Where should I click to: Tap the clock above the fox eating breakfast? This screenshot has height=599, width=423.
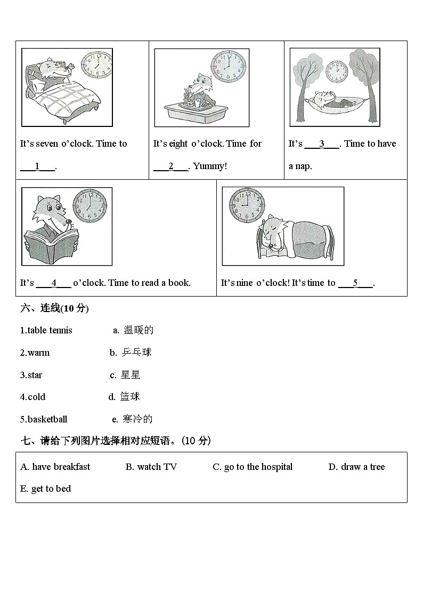(x=229, y=66)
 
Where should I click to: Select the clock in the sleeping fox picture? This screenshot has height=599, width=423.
(x=247, y=205)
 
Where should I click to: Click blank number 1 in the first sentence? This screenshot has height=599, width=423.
(x=37, y=166)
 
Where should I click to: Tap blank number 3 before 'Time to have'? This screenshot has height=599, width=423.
(x=322, y=144)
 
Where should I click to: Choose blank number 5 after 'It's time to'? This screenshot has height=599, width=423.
(x=355, y=283)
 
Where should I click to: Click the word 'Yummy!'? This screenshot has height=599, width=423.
(x=210, y=166)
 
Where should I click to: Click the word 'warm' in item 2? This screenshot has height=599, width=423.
(x=38, y=353)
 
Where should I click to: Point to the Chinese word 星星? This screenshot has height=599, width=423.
(x=130, y=375)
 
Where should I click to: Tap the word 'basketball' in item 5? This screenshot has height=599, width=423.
(x=47, y=419)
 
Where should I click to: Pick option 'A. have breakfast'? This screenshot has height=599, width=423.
(x=55, y=467)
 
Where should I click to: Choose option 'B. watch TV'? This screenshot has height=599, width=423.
(x=151, y=467)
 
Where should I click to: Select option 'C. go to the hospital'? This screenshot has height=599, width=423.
(x=253, y=467)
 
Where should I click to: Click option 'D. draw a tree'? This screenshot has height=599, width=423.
(x=356, y=467)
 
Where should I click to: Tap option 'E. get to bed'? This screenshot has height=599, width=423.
(x=46, y=489)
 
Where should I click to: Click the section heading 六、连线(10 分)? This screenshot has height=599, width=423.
(x=54, y=308)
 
